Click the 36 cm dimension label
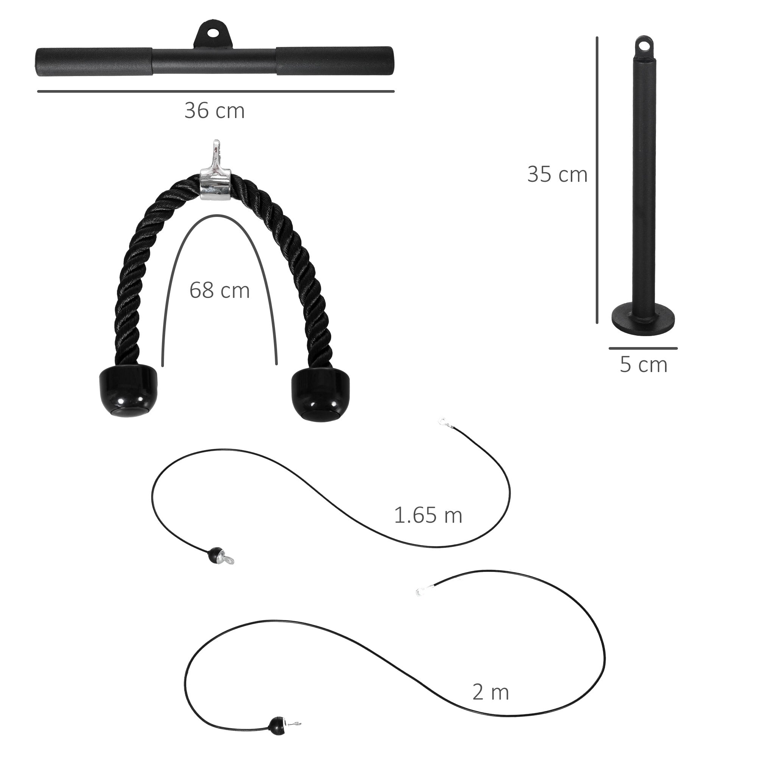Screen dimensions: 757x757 [215, 111]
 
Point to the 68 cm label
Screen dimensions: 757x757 [220, 290]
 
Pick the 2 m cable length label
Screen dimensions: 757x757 [491, 692]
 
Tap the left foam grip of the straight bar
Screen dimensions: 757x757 [94, 62]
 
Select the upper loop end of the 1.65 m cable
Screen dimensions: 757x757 [443, 422]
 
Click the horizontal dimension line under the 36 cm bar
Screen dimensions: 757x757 [215, 91]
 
